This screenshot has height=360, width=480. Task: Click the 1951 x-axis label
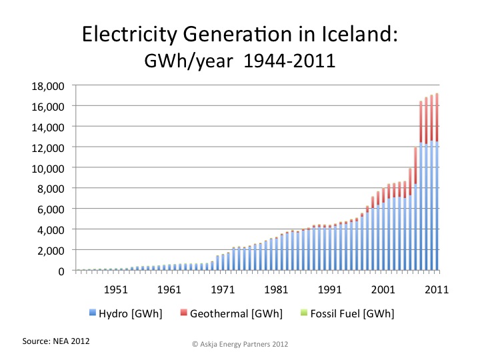tap(115, 289)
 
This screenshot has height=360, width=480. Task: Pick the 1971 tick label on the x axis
tap(223, 289)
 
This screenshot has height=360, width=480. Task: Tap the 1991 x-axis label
tap(330, 289)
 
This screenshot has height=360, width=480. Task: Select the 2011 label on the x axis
tap(437, 289)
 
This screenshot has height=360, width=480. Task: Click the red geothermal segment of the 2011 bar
tap(437, 117)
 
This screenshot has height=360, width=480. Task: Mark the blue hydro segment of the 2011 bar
tap(437, 207)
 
